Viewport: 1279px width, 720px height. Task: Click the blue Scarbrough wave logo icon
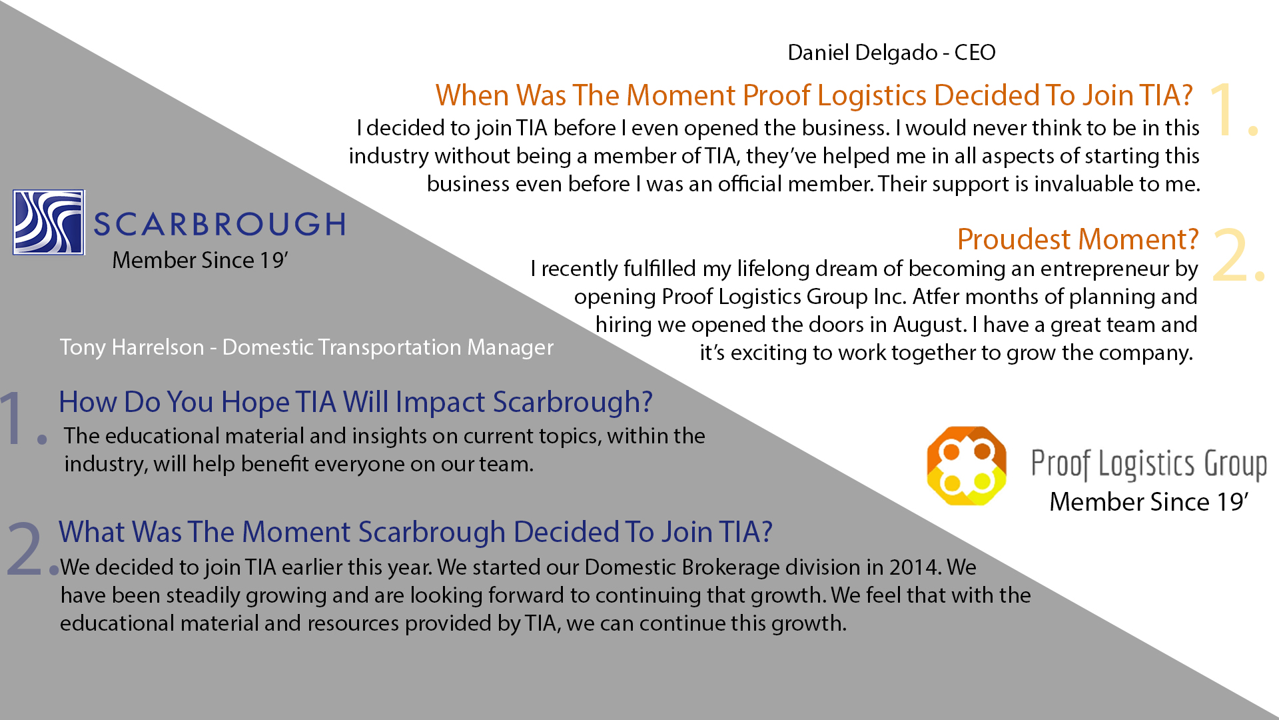click(x=49, y=222)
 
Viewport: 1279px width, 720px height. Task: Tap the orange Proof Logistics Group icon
click(x=967, y=465)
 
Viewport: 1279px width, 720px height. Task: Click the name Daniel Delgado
click(x=863, y=53)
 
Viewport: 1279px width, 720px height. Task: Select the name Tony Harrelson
click(x=132, y=347)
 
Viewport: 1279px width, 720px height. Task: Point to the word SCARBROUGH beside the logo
click(x=220, y=224)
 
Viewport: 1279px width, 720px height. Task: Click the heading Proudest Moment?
click(x=1078, y=239)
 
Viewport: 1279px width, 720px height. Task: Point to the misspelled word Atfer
click(x=935, y=297)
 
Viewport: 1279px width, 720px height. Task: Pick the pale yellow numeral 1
click(x=1232, y=110)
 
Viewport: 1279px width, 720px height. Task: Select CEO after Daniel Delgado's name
click(x=975, y=53)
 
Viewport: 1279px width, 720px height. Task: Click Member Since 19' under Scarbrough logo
click(x=200, y=260)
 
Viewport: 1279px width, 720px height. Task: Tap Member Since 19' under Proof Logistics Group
click(x=1148, y=502)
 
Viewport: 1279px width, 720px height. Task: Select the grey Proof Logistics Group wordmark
click(x=1149, y=465)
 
